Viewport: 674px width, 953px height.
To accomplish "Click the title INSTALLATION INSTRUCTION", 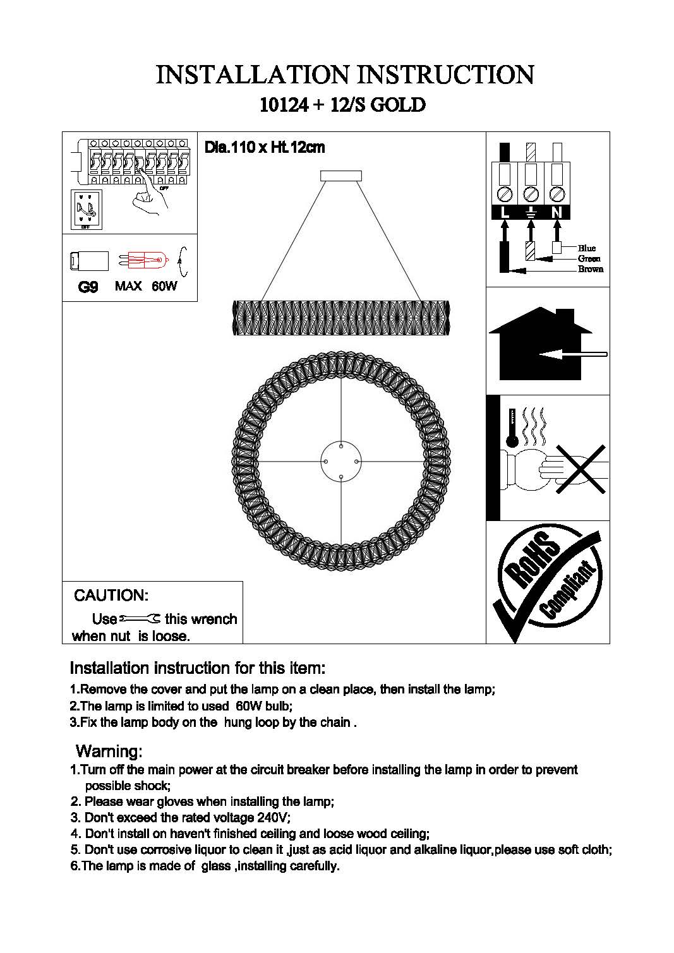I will point(344,75).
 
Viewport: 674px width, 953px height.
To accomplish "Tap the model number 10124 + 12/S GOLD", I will point(342,105).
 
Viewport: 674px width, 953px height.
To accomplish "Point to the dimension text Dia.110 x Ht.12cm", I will point(264,148).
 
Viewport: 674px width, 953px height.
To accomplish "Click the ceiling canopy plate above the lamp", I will point(341,176).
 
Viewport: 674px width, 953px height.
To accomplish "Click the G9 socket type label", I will point(88,287).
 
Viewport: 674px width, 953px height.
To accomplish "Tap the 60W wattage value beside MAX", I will point(164,286).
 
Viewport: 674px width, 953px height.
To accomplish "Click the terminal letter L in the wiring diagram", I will point(505,213).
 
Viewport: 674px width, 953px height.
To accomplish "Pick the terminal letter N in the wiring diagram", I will point(556,213).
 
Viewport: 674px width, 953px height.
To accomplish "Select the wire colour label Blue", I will point(587,248).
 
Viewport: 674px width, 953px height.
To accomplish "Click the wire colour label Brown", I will point(590,269).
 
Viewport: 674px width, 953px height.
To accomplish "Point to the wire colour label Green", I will point(589,259).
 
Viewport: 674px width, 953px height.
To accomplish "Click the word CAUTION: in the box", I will point(111,596).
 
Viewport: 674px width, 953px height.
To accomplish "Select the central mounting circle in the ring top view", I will point(340,462).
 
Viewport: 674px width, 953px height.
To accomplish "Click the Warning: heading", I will point(109,752).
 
